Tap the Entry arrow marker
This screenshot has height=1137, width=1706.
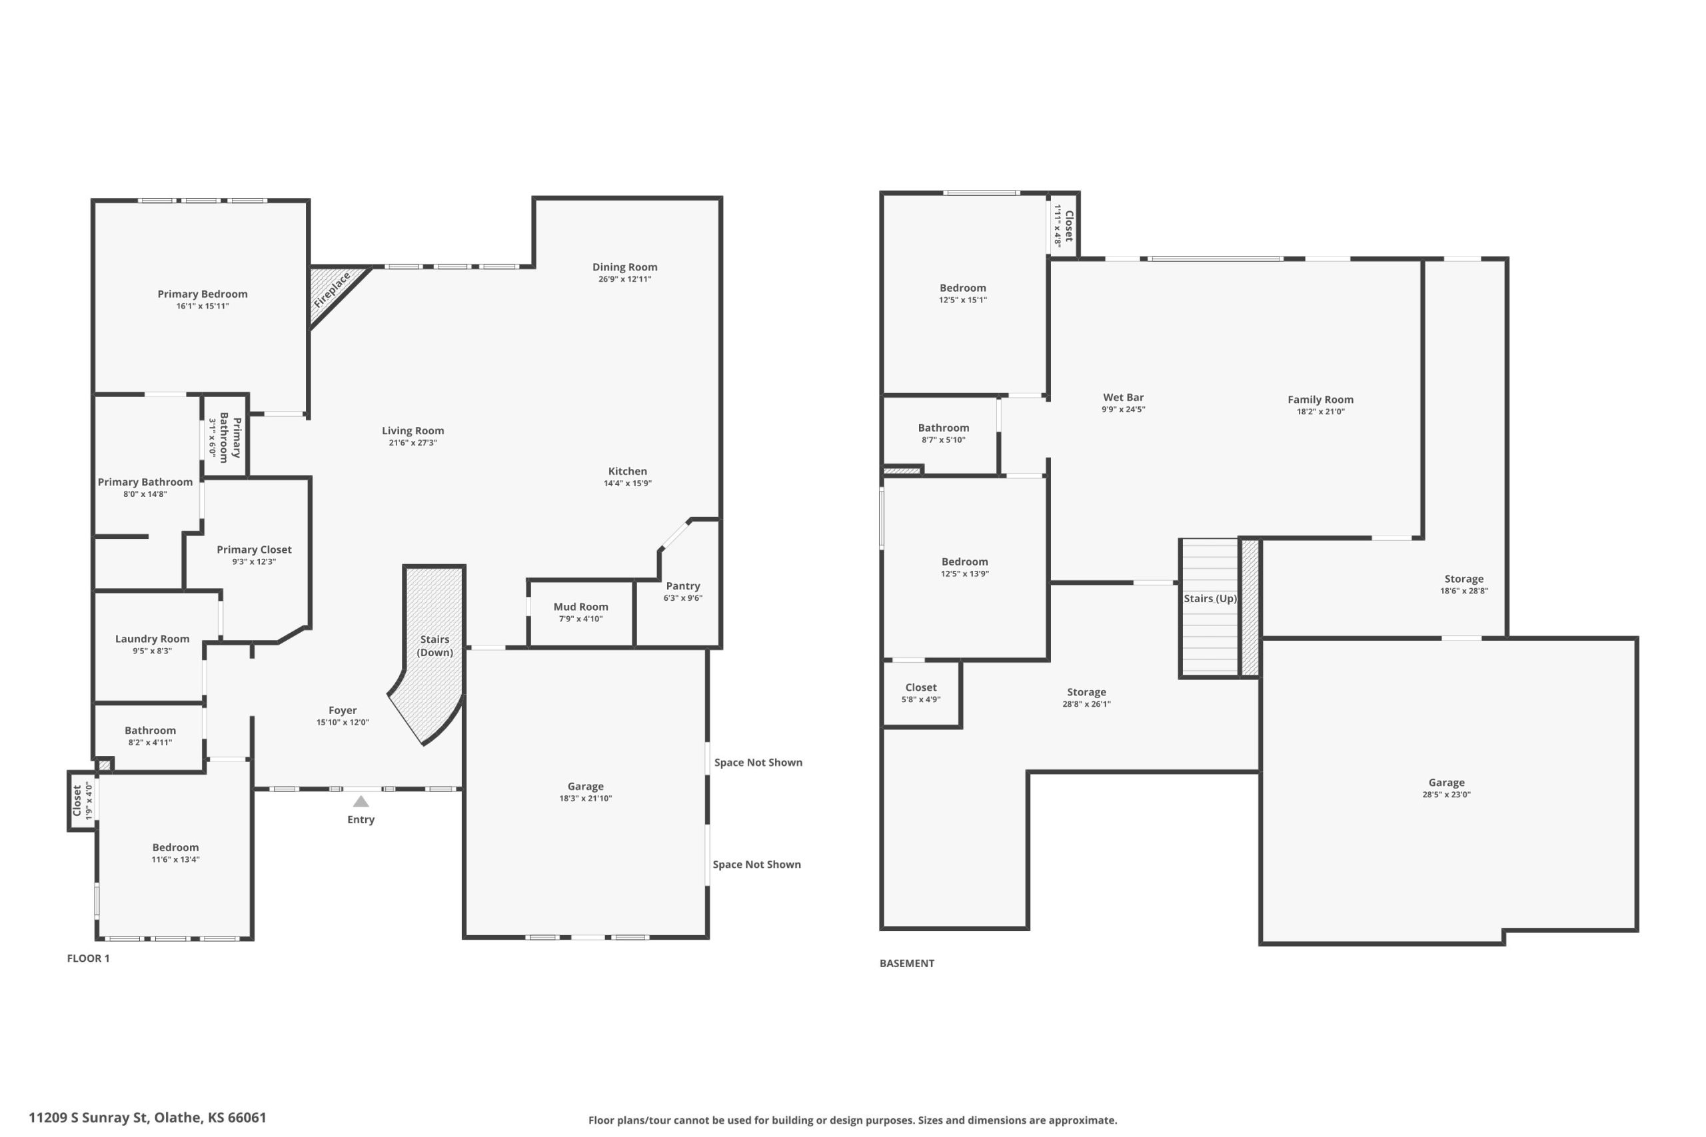click(361, 801)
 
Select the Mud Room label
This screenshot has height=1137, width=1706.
click(580, 607)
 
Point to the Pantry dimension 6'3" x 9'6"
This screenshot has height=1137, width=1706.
click(682, 598)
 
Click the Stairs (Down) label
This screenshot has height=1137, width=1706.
click(434, 645)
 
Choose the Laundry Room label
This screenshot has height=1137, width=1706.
click(153, 639)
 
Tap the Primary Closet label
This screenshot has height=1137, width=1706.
click(254, 550)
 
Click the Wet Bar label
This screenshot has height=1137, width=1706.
click(1124, 398)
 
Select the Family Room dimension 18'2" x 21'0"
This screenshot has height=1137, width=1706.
click(1321, 412)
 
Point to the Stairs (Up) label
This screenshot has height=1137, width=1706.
click(1210, 598)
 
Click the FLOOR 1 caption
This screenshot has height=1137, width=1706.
click(89, 958)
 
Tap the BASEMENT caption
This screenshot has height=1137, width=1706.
click(907, 963)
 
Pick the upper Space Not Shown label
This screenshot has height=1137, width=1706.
click(758, 762)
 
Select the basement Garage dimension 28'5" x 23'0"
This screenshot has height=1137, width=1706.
click(1446, 795)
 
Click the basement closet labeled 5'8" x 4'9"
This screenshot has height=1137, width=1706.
click(921, 693)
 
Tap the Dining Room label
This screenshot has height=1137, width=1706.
click(624, 267)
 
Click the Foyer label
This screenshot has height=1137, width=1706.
click(343, 711)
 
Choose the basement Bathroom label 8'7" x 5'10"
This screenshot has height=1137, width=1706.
click(943, 428)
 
